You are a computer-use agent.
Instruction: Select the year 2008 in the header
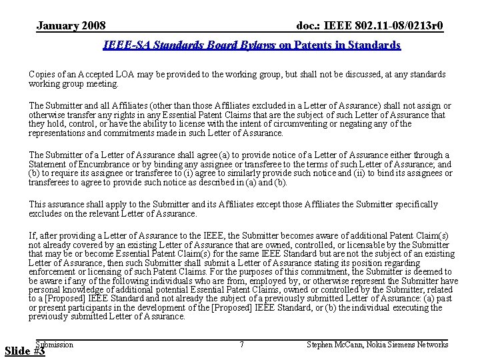tap(93, 26)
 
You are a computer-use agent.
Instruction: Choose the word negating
tap(382, 124)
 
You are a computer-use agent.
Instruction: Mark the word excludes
tap(46, 214)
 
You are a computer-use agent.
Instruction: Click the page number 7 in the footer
tap(241, 345)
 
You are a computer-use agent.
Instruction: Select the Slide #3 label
tap(25, 351)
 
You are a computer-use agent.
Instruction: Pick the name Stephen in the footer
tap(321, 345)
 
